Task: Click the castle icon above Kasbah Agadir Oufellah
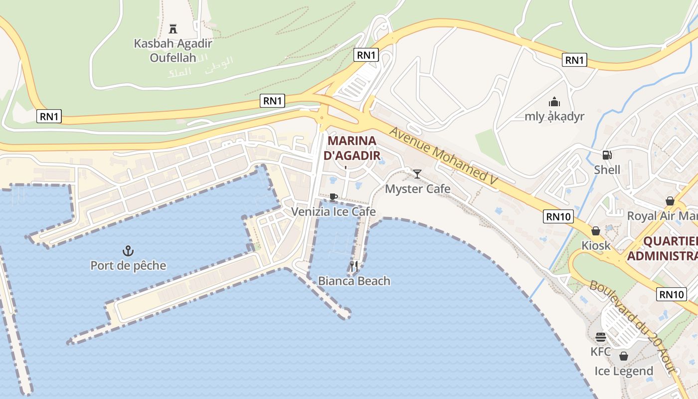coord(173,28)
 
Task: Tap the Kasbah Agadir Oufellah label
coord(173,50)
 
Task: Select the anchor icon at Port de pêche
coord(128,250)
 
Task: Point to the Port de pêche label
coord(128,265)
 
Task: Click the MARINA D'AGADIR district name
coord(352,148)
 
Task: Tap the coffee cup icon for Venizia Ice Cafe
coord(334,198)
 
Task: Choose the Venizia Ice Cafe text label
coord(334,211)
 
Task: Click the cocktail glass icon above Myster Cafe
coord(417,174)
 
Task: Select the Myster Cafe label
coord(418,189)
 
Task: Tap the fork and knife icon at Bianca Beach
coord(354,266)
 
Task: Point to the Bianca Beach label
coord(354,281)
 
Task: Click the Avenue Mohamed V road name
coord(444,157)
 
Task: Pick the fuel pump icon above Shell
coord(607,155)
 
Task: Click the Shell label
coord(607,170)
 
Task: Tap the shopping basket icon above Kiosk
coord(595,231)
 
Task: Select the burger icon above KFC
coord(601,337)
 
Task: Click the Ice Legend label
coord(624,371)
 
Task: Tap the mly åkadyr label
coord(554,117)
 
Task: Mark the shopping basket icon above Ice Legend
coord(623,356)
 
